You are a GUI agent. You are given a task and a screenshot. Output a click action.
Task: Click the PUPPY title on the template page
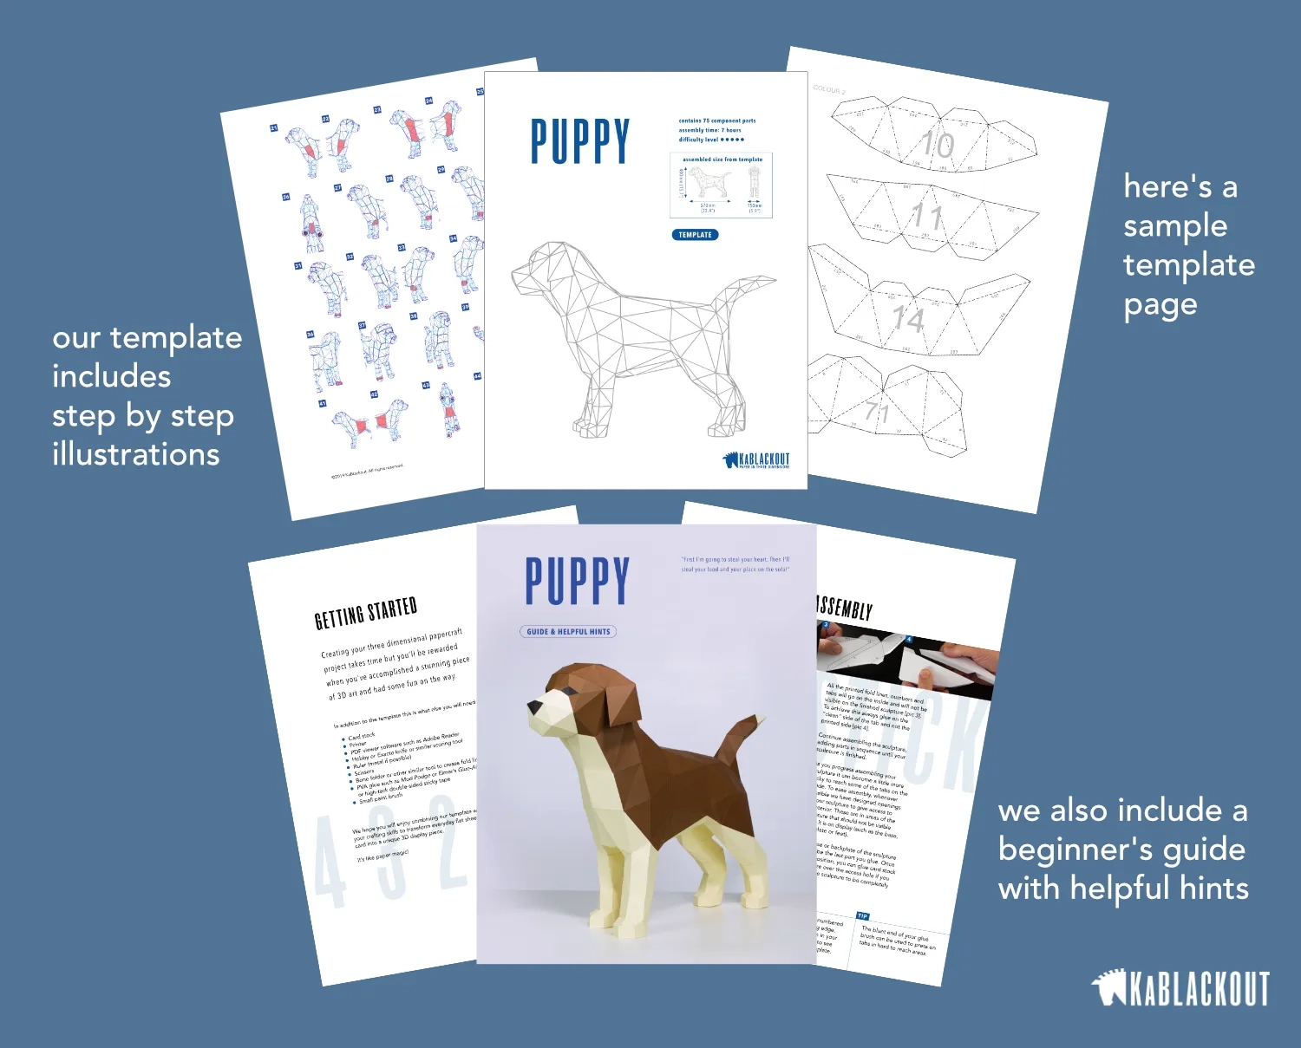[579, 141]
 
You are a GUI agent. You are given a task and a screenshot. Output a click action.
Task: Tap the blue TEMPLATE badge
[695, 235]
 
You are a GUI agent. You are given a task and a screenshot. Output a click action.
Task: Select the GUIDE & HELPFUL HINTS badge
[568, 632]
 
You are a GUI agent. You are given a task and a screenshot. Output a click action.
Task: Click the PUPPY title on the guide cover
[577, 582]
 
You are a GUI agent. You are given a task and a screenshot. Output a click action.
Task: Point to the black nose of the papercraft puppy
[535, 710]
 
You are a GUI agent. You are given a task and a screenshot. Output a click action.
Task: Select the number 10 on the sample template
[937, 144]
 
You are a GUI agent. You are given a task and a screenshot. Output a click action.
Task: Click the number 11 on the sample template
[926, 216]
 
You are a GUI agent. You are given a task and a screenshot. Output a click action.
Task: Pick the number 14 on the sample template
[908, 319]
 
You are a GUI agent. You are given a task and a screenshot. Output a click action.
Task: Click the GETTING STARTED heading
[365, 613]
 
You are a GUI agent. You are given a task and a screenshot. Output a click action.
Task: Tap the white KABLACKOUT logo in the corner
[1180, 989]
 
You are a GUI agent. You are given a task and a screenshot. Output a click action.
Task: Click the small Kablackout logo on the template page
[756, 459]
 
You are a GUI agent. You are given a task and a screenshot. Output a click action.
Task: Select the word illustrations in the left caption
[136, 455]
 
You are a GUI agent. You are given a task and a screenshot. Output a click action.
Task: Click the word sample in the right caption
[1175, 226]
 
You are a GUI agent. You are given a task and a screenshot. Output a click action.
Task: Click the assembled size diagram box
[721, 186]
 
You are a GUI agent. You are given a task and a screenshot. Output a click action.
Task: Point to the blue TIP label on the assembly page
[862, 915]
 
